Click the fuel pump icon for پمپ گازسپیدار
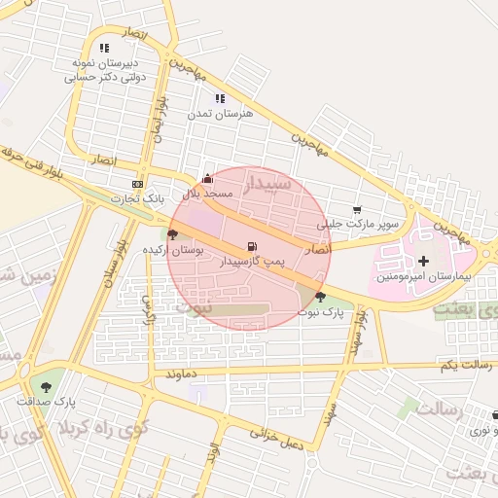coord(253,247)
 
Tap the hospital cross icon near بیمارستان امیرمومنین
coord(423,261)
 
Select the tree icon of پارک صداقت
coord(46,386)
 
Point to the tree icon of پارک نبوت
coord(321,297)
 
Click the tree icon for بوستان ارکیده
coord(172,234)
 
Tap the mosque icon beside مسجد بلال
coord(207,179)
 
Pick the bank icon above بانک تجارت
coord(137,184)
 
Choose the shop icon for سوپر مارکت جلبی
coord(357,209)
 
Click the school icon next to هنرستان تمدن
coord(220,98)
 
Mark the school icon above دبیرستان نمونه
coord(104,48)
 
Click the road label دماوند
coord(182,373)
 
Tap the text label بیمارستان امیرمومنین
coord(423,277)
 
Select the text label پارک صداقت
coord(46,401)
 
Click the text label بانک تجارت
coord(137,198)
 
